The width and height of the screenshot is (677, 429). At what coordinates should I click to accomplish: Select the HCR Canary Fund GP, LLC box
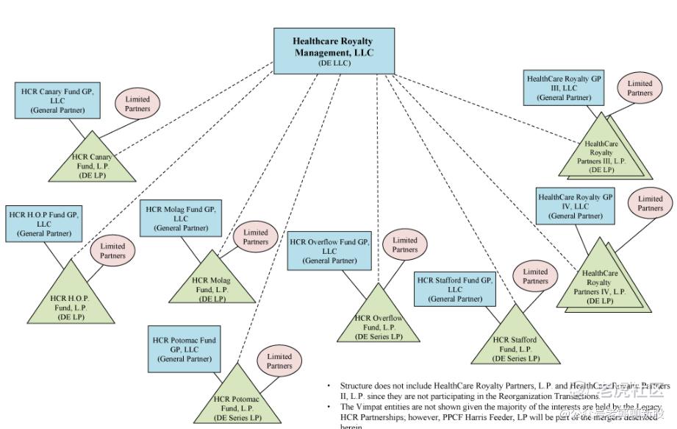57,100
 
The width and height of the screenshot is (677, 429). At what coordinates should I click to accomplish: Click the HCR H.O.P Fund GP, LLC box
44,224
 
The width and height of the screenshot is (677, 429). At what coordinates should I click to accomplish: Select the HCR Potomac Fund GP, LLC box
184,350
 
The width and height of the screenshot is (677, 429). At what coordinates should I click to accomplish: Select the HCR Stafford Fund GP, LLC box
455,289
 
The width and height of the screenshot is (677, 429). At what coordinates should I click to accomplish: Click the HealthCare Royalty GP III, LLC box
564,87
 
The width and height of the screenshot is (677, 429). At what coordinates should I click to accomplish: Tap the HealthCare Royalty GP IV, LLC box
575,206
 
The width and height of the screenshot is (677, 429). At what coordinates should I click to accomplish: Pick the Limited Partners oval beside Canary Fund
137,104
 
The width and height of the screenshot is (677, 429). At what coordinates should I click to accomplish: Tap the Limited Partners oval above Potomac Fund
279,361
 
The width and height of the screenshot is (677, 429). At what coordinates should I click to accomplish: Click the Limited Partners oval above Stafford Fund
535,276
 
